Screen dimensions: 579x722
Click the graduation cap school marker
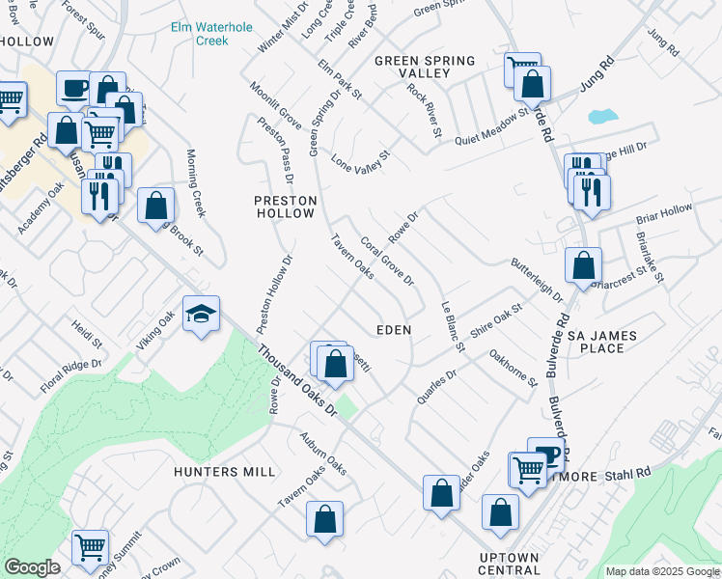201,315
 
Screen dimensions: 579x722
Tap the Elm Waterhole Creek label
199,35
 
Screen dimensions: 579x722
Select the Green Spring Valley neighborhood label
425,67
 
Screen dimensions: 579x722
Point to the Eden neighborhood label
394,330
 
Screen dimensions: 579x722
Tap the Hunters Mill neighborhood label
225,472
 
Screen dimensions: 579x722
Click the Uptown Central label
509,565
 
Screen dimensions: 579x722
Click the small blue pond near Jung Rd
601,117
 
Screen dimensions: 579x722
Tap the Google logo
32,567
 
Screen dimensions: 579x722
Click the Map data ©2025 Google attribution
663,571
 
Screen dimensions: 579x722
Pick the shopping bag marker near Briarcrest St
583,265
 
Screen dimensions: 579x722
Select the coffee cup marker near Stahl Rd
546,455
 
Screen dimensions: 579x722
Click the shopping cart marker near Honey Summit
90,547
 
